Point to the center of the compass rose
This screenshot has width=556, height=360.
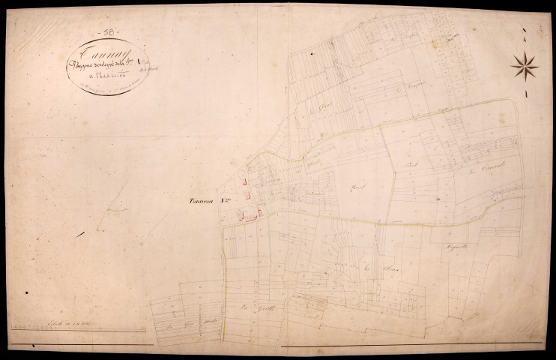coord(525,65)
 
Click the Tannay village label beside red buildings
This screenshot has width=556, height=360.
coord(201,199)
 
